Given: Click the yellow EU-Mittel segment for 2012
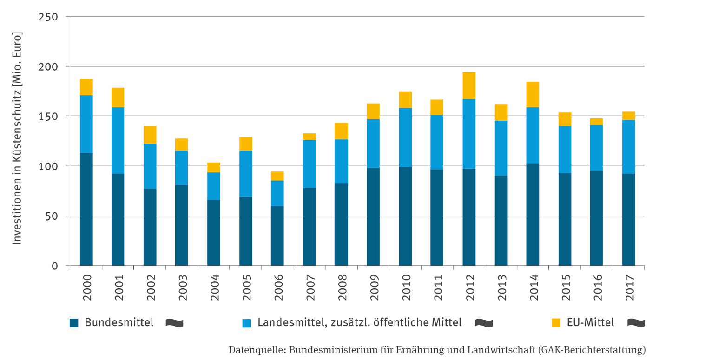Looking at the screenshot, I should click(468, 85).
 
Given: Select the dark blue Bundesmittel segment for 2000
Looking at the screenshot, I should click(86, 209).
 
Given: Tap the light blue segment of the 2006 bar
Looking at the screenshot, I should click(277, 193).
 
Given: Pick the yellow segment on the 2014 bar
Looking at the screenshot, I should click(533, 94).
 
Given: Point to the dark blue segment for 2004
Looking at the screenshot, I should click(213, 233).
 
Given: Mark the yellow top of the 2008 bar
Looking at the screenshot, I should click(341, 131).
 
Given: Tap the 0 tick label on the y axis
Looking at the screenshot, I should click(53, 266).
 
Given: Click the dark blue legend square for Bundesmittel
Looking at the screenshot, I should click(74, 323).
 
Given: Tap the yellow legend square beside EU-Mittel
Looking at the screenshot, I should click(556, 323).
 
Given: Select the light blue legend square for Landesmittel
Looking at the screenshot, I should click(247, 323).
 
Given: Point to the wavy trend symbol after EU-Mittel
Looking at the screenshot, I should click(636, 322).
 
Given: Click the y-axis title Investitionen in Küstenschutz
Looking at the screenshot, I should click(17, 138).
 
